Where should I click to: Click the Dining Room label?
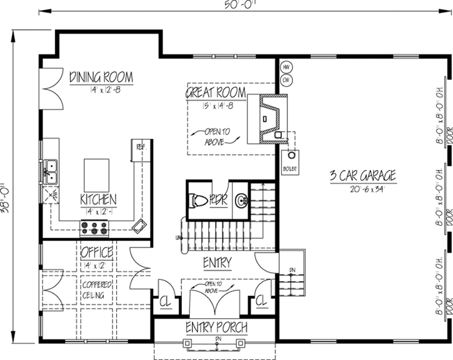(101, 77)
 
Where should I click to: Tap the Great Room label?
(213, 92)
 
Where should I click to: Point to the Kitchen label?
(98, 199)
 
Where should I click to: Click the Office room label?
(97, 253)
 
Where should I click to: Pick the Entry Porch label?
(216, 327)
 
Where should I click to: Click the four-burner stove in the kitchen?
(92, 227)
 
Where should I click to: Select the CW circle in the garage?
(286, 80)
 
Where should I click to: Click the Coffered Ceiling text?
(96, 289)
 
